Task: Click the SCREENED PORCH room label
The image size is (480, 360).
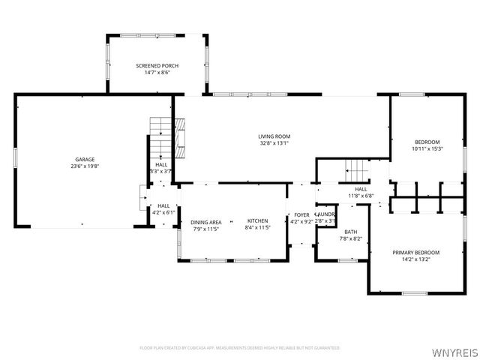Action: pos(157,66)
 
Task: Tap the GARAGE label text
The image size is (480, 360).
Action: pos(84,160)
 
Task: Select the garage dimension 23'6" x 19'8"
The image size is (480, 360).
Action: pos(84,167)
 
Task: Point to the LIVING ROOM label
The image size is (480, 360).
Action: pos(274,136)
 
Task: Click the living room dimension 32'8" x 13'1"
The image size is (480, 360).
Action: pos(274,143)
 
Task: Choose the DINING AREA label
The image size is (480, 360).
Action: pos(205,222)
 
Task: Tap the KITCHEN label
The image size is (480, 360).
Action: pos(257,222)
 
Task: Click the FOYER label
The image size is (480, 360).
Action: pos(301,215)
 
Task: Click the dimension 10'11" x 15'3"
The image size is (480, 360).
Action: pos(427,148)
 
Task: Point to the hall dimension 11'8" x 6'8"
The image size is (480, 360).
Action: pos(361,196)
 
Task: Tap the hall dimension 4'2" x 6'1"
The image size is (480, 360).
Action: pos(163,212)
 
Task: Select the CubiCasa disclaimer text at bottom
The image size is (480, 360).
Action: pos(240,348)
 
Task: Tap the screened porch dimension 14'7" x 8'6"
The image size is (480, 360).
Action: pos(157,73)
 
